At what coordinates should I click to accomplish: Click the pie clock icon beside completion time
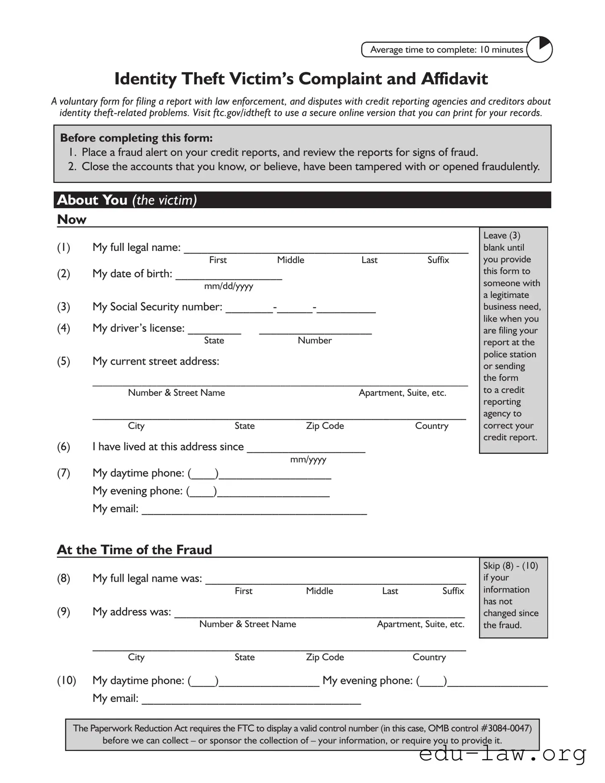(539, 50)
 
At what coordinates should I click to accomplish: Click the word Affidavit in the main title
(454, 79)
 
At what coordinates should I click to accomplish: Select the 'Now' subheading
(72, 220)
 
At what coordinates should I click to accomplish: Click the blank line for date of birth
(229, 276)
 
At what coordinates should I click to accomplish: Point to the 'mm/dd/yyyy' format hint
(229, 286)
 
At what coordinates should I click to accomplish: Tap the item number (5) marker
(64, 362)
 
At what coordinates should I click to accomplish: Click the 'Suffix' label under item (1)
(438, 260)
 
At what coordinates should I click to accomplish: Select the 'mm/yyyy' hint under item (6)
(308, 460)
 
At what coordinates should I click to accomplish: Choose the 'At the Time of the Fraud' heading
(135, 550)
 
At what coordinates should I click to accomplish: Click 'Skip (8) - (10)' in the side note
(511, 566)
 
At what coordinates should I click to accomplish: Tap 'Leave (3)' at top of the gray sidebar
(502, 235)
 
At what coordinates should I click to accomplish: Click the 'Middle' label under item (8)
(319, 591)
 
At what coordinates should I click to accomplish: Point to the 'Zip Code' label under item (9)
(325, 657)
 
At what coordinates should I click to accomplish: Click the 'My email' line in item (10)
(251, 700)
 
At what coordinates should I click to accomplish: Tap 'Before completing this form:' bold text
(136, 138)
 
